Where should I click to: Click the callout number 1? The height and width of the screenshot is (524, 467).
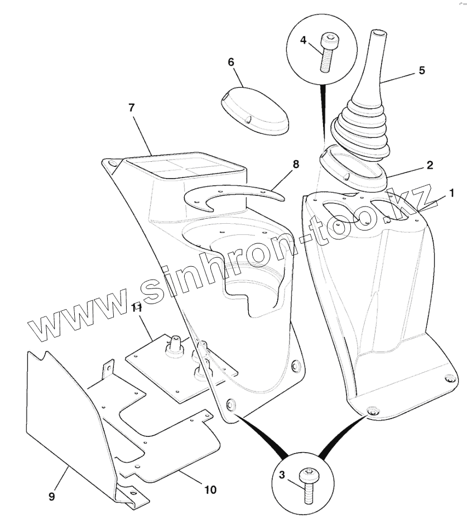(451, 194)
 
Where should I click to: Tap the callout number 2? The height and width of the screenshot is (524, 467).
(429, 165)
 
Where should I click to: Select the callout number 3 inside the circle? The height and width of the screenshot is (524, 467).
(282, 475)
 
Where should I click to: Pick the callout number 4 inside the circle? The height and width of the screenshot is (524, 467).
(303, 40)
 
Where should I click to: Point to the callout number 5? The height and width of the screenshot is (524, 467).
(421, 70)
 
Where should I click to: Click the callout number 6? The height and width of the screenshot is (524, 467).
(231, 61)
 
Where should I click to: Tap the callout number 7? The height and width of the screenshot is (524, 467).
(132, 108)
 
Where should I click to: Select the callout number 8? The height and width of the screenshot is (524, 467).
(296, 164)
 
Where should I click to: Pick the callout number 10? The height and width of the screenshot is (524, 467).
(210, 490)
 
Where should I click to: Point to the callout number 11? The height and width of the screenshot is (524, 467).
(137, 308)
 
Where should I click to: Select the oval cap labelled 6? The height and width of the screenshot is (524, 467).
(254, 110)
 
